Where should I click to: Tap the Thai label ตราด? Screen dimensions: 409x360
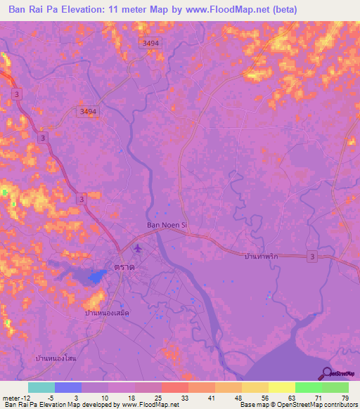[x=124, y=267]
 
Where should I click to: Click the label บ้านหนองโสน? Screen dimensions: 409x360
[x=56, y=358]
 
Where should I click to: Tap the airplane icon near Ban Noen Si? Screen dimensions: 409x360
[x=136, y=248]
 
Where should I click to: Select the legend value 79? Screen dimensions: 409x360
[x=344, y=397]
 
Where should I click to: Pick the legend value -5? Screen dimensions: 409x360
[x=48, y=397]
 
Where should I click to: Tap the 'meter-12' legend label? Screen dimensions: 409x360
[x=14, y=397]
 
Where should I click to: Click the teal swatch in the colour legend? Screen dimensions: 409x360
[x=41, y=387]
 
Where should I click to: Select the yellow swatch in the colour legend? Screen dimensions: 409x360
[x=281, y=387]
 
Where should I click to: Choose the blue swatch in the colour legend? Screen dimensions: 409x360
[x=67, y=387]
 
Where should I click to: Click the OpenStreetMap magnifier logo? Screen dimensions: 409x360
[x=326, y=373]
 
